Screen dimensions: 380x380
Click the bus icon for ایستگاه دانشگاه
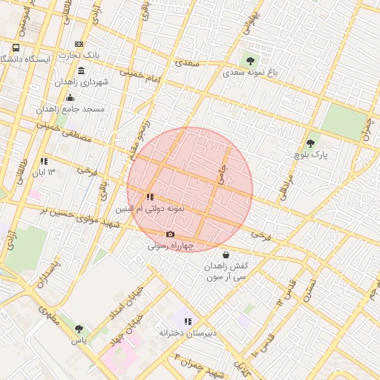click(x=16, y=47)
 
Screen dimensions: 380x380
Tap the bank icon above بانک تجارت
click(x=79, y=45)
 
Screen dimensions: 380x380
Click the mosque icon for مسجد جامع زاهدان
click(x=70, y=97)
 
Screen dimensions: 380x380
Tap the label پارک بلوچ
click(x=310, y=155)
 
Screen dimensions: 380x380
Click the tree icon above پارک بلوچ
click(x=310, y=143)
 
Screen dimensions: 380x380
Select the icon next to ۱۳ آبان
click(x=45, y=160)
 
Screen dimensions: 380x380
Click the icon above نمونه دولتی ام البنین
click(x=151, y=197)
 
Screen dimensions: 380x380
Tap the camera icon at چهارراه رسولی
click(x=170, y=235)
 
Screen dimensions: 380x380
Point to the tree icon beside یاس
click(x=79, y=329)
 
